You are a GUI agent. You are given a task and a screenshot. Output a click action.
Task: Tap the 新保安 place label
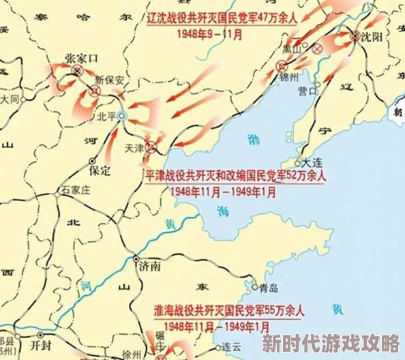coord(110,79)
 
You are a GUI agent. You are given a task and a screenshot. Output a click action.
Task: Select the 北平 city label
coord(106,117)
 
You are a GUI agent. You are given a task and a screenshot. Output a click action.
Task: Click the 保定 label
coord(100,170)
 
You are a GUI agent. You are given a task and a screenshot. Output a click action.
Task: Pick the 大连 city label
coord(313,163)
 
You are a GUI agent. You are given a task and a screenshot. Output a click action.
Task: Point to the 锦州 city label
coord(290,77)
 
